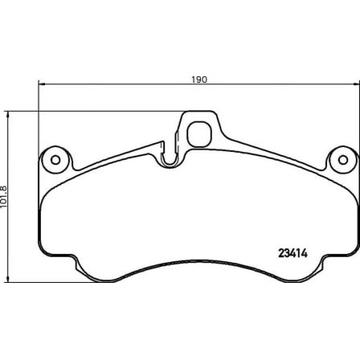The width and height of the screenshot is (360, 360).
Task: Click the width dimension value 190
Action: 200,80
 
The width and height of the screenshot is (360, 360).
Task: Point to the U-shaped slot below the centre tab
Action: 170,156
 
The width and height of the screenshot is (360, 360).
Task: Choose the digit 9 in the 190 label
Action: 200,80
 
